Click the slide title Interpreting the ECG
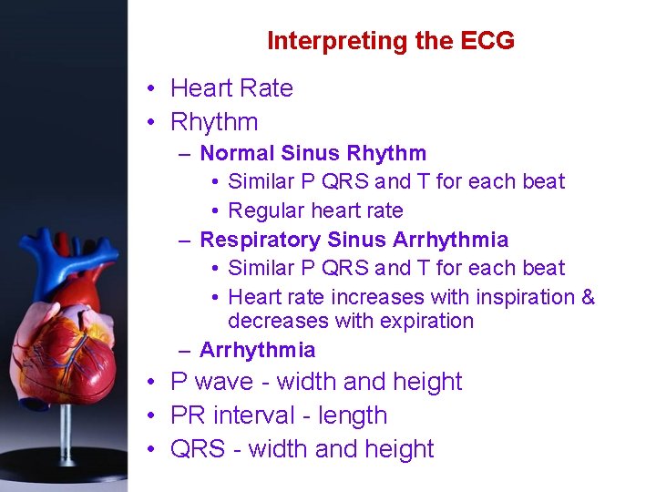tap(390, 41)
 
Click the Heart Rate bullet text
tap(231, 88)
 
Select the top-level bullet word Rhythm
tap(214, 122)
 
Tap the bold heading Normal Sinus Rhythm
tap(313, 153)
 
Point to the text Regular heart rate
tap(315, 210)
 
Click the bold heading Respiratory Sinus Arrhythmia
tap(354, 240)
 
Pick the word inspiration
tap(518, 297)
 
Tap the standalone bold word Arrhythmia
tap(257, 350)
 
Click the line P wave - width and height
tap(316, 382)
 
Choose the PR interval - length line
tap(279, 415)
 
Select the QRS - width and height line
tap(302, 449)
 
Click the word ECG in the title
tap(487, 41)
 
